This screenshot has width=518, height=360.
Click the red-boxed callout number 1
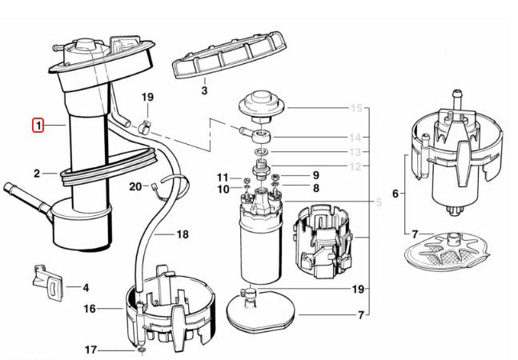38,126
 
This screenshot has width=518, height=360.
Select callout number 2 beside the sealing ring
37,174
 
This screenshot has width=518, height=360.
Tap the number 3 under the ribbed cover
204,90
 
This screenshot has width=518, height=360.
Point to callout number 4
86,287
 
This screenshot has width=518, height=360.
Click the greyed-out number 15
355,108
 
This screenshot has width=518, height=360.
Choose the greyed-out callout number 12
355,166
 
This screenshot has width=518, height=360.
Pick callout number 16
90,309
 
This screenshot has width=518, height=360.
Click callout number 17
90,350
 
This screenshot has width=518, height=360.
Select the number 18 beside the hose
183,234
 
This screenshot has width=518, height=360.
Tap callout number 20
135,187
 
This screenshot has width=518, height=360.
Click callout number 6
396,194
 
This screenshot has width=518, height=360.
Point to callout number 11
223,178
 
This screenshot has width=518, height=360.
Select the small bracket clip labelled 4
47,282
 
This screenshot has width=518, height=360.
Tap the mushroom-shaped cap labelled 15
262,106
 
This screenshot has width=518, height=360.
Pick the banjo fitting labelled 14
258,135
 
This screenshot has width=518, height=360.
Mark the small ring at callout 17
142,350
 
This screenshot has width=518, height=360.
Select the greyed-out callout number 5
379,202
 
